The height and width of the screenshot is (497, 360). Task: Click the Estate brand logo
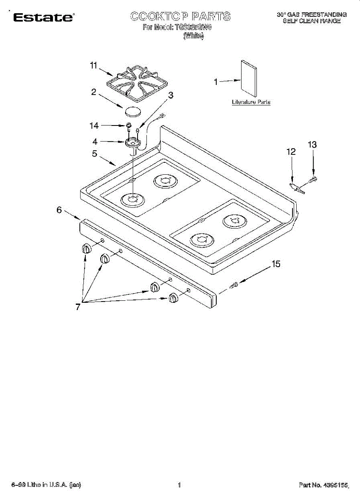[x=43, y=17]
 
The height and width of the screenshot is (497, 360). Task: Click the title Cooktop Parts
[x=180, y=17]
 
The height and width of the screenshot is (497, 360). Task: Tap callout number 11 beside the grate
[x=94, y=65]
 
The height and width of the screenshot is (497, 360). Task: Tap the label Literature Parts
[x=251, y=102]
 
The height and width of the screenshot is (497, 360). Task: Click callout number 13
[x=312, y=145]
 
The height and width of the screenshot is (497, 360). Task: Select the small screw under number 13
[x=314, y=179]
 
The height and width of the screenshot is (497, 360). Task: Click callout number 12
[x=291, y=152]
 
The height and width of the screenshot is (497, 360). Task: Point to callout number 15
[x=275, y=264]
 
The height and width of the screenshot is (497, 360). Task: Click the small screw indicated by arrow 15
[x=234, y=285]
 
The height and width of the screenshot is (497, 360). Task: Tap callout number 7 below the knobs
[x=78, y=307]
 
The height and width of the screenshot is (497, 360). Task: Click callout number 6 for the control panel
[x=59, y=210]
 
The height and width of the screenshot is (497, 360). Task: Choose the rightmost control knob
[x=173, y=298]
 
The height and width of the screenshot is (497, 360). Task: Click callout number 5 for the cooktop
[x=95, y=154]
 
